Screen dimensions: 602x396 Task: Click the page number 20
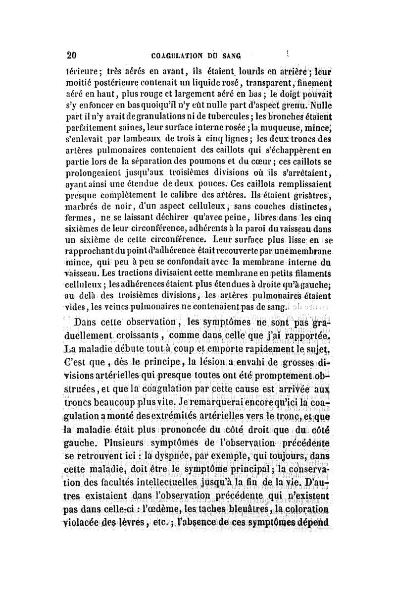point(71,55)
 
